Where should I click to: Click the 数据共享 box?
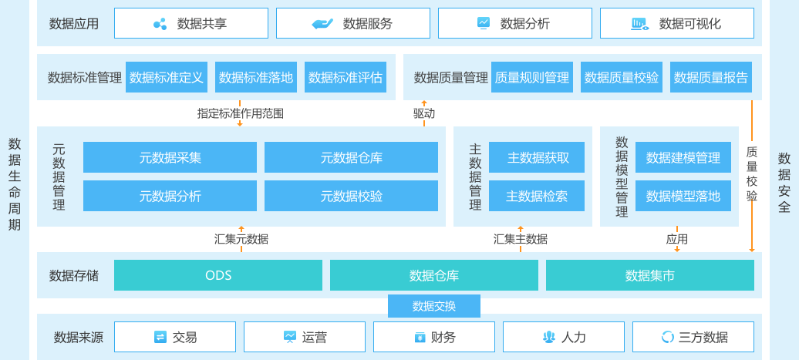pos(191,23)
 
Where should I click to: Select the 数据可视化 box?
pos(676,23)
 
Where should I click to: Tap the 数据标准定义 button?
pos(167,77)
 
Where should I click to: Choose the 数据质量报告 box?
pos(710,77)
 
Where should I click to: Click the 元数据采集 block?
pos(170,157)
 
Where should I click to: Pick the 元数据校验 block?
pos(351,196)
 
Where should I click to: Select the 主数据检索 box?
pos(537,196)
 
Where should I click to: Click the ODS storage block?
pos(218,275)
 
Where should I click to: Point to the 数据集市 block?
pos(649,275)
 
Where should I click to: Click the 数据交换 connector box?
pos(434,306)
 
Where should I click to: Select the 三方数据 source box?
pos(695,337)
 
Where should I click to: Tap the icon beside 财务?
pos(420,337)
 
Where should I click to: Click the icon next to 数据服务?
pos(322,24)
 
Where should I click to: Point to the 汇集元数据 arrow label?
pos(241,239)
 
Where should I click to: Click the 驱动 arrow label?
pos(423,113)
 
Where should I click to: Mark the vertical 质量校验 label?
pos(752,173)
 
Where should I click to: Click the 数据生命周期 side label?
pos(15,184)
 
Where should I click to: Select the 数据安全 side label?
pos(784,183)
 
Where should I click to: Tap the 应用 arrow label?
pos(676,239)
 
